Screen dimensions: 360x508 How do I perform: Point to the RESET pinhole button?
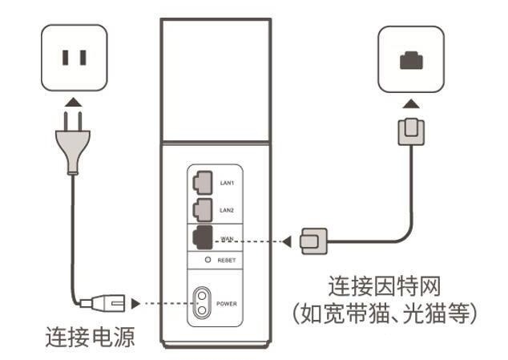coord(208,261)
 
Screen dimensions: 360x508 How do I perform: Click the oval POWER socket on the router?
coord(203,304)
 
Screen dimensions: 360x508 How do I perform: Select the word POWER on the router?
coord(228,305)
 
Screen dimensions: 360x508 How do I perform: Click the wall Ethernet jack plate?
coord(410,58)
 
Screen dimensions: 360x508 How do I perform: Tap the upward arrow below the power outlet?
coord(73,102)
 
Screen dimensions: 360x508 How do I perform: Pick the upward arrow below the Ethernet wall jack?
coord(410,103)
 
